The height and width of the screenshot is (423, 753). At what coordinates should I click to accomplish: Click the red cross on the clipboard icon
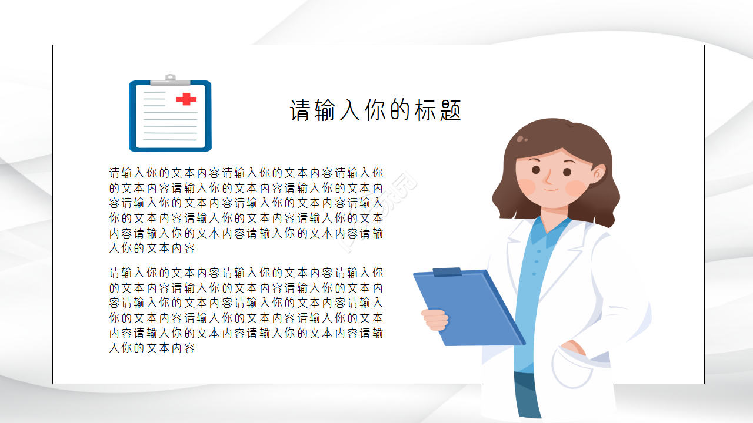coord(186,99)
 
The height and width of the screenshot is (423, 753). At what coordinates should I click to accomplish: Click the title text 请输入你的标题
coord(375,110)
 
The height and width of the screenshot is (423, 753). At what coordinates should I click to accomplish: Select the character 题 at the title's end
coord(450,110)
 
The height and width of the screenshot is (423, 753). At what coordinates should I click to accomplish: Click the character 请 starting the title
coord(300,110)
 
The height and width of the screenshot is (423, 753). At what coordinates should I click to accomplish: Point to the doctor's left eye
coord(536,170)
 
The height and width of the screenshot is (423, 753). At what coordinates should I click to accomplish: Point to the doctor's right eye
coord(567,172)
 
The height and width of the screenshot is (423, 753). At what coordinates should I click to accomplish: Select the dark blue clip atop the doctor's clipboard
coord(447,272)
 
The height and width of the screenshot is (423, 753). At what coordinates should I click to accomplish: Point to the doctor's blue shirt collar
coord(550,230)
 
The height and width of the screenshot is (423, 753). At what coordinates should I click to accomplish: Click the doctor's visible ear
coord(598,173)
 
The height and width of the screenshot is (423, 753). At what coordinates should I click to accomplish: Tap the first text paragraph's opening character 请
coord(115,173)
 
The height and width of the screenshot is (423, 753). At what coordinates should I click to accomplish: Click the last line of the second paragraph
coord(152,348)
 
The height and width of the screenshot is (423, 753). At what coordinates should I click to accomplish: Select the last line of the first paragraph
coord(152,249)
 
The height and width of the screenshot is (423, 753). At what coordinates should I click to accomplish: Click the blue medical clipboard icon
coord(170,115)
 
